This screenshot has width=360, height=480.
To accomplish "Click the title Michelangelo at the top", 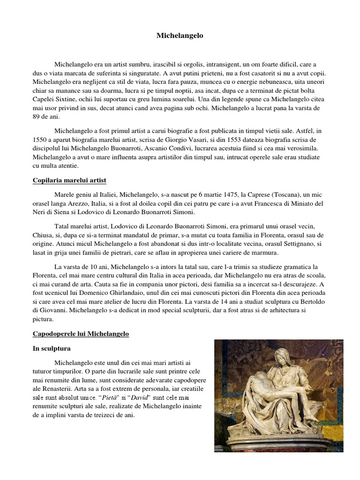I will (x=180, y=36).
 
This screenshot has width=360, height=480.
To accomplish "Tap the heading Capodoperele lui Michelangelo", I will (x=80, y=334).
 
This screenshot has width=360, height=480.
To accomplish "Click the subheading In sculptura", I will (x=51, y=348).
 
